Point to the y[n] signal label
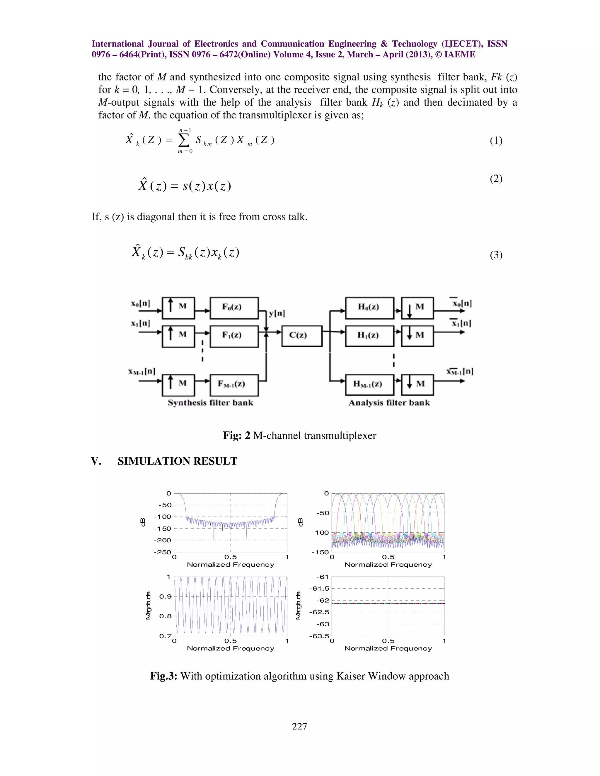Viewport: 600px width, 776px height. coord(277,313)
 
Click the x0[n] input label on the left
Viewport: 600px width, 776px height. coord(141,303)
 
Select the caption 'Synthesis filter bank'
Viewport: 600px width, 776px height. coord(210,403)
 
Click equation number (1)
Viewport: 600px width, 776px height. coord(496,141)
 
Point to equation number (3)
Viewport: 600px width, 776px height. coord(496,255)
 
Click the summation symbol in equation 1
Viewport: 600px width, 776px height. coord(184,141)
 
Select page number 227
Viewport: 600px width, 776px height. coord(300,726)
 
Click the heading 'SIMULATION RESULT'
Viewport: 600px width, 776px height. coord(177,461)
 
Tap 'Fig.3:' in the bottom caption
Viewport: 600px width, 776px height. coord(163,676)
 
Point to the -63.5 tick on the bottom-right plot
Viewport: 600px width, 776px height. coord(319,636)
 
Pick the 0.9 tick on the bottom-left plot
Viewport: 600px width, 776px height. coord(165,596)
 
